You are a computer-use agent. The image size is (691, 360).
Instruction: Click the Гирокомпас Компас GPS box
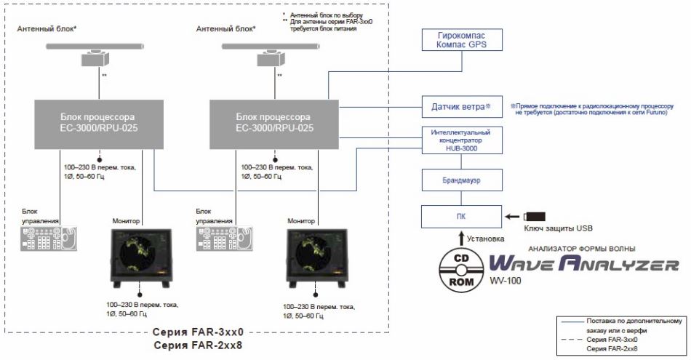462,39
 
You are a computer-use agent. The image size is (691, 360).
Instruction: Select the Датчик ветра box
462,106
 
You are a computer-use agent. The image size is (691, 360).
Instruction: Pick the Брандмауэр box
462,177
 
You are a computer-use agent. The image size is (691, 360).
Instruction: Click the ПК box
462,216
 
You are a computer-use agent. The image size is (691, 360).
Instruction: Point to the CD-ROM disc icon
462,267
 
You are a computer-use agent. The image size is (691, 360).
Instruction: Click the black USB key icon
535,216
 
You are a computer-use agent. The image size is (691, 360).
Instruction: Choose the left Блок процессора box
99,121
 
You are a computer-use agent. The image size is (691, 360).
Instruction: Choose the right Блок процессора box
272,121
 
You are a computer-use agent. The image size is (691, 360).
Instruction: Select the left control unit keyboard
47,239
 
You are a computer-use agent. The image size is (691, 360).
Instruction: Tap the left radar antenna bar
98,46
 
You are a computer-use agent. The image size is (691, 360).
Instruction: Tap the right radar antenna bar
273,46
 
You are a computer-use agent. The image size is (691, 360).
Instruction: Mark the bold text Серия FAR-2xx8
198,345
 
